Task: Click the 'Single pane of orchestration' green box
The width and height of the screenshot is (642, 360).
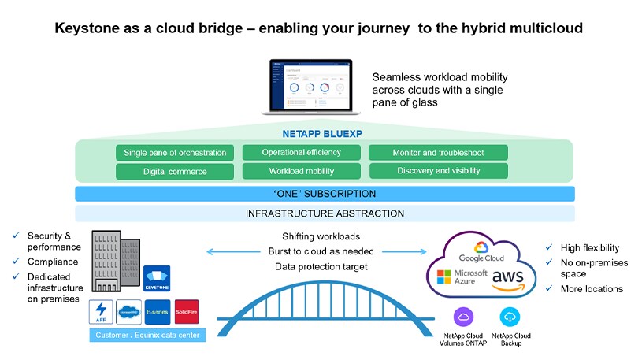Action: [175, 153]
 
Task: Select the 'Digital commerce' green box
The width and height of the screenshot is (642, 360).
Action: [175, 171]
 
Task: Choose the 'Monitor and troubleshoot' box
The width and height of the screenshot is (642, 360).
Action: [438, 153]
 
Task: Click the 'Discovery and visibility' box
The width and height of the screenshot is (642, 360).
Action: [438, 171]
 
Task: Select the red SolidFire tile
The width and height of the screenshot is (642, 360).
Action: [187, 312]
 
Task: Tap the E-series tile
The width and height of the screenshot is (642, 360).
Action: [157, 312]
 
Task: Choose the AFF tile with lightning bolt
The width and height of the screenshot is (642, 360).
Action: [102, 312]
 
